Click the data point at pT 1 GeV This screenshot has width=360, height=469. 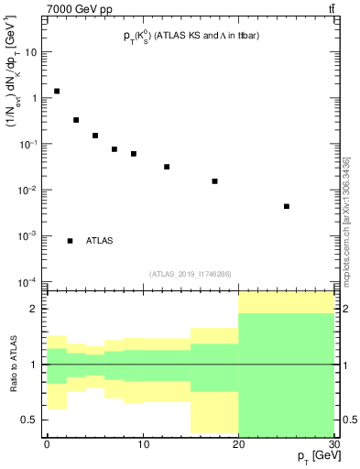coord(57,92)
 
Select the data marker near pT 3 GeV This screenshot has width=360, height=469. coord(76,120)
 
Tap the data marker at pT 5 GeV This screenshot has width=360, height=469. coord(95,136)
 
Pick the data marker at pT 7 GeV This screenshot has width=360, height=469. coord(115,149)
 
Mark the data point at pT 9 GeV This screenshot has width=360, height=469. coord(134,154)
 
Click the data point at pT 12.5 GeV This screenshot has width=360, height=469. coord(167,167)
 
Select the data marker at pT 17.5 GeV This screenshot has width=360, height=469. coord(215,181)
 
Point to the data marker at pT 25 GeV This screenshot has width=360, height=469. coord(287,206)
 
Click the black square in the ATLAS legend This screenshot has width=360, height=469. coord(71,241)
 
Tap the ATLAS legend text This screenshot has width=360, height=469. coord(100,241)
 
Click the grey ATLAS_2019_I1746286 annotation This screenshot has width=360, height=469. coord(190,273)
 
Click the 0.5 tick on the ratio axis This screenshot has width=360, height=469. coord(35,420)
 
